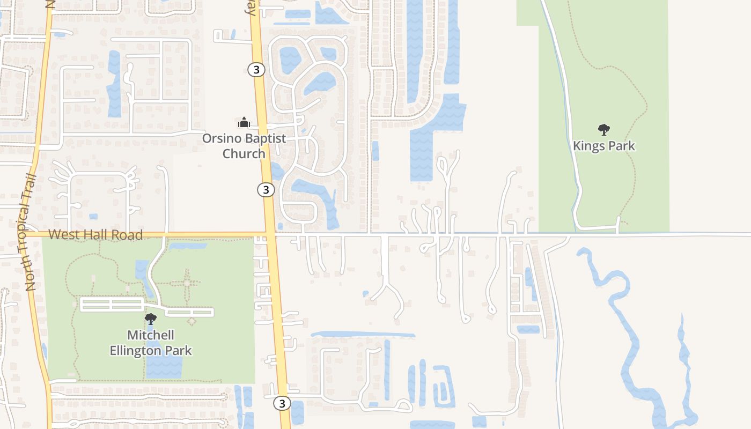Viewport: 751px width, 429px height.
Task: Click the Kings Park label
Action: pos(603,145)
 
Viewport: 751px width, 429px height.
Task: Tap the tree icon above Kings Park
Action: pos(604,129)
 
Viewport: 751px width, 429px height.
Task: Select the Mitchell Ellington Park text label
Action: pos(151,343)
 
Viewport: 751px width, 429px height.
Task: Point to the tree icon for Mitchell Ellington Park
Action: pos(151,319)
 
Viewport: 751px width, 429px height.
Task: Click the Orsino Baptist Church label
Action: pos(244,146)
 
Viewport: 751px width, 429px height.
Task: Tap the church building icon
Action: pos(244,123)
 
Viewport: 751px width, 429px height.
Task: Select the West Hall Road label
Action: pos(95,234)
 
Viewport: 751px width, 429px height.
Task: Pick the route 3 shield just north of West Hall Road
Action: pos(266,189)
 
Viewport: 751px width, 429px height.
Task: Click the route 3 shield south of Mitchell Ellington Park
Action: pos(282,403)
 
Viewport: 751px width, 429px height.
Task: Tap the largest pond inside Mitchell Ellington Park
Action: pos(164,364)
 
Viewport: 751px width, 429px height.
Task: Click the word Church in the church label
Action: pos(244,153)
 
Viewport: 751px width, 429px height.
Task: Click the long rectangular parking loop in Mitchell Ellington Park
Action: pos(112,305)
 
